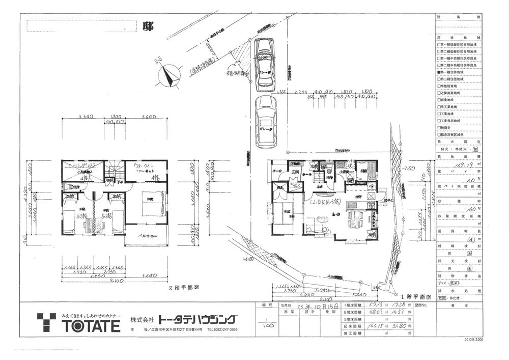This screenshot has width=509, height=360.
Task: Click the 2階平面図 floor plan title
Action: click(x=184, y=287)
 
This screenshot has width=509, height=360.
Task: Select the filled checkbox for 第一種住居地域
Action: click(x=439, y=73)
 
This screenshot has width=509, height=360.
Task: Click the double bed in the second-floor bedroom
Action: click(x=151, y=202)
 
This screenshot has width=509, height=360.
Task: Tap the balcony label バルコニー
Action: click(x=146, y=235)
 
